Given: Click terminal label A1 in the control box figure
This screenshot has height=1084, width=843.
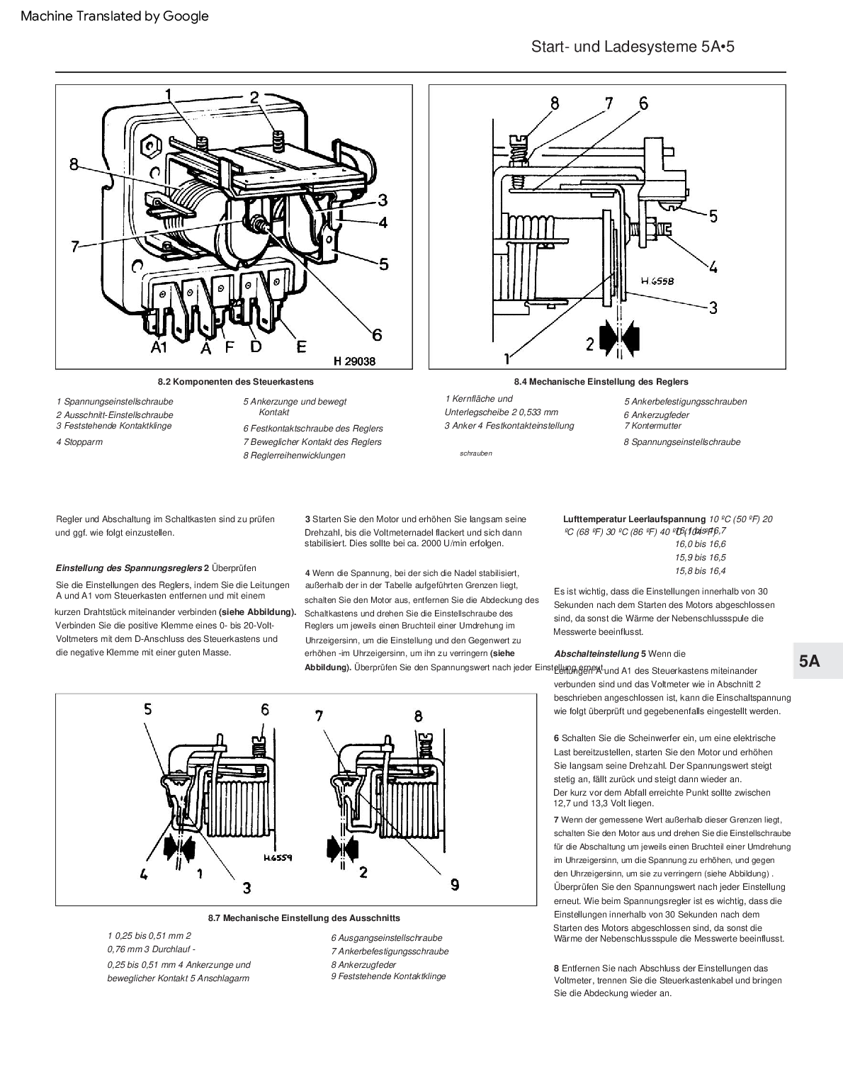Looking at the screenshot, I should tap(158, 347).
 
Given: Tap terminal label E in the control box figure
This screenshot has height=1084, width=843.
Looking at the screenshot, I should tap(302, 346).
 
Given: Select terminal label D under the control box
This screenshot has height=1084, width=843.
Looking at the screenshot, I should tap(256, 346).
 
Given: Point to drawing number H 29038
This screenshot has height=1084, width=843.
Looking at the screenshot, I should tap(354, 361).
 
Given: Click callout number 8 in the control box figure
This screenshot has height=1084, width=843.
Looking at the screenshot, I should tap(74, 164).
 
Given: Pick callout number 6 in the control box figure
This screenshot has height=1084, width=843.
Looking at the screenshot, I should tap(376, 334).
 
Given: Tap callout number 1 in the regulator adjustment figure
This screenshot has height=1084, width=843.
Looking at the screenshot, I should tap(507, 356).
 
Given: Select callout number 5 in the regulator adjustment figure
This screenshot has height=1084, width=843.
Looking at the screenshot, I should tap(713, 215).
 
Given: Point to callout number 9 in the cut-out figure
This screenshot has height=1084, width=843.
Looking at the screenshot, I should tap(455, 883).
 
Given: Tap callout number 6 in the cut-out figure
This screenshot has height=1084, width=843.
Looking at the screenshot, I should tap(265, 709).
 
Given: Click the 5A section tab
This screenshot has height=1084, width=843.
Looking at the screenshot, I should tap(810, 661).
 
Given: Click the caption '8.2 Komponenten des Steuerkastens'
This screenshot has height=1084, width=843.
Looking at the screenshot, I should tap(236, 382).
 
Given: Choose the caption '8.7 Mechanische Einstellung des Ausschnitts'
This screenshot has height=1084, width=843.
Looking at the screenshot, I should tap(304, 918).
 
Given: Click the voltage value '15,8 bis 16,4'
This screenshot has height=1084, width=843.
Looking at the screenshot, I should tap(700, 570).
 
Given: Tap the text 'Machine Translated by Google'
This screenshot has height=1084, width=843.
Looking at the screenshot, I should tap(115, 16).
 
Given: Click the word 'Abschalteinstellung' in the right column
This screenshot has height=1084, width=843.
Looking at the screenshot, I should tap(596, 653).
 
